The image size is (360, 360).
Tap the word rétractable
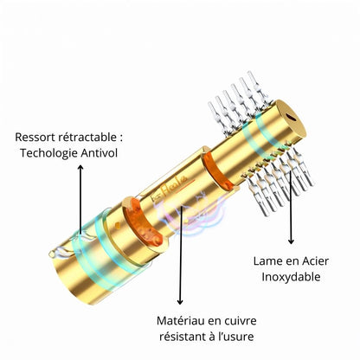tap(87, 138)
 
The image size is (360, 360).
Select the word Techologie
tap(48, 153)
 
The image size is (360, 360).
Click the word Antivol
tap(100, 153)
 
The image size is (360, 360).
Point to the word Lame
tap(267, 261)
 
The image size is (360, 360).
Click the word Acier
tap(315, 261)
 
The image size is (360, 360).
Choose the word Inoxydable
tap(291, 277)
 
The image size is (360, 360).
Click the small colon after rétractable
tap(120, 138)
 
